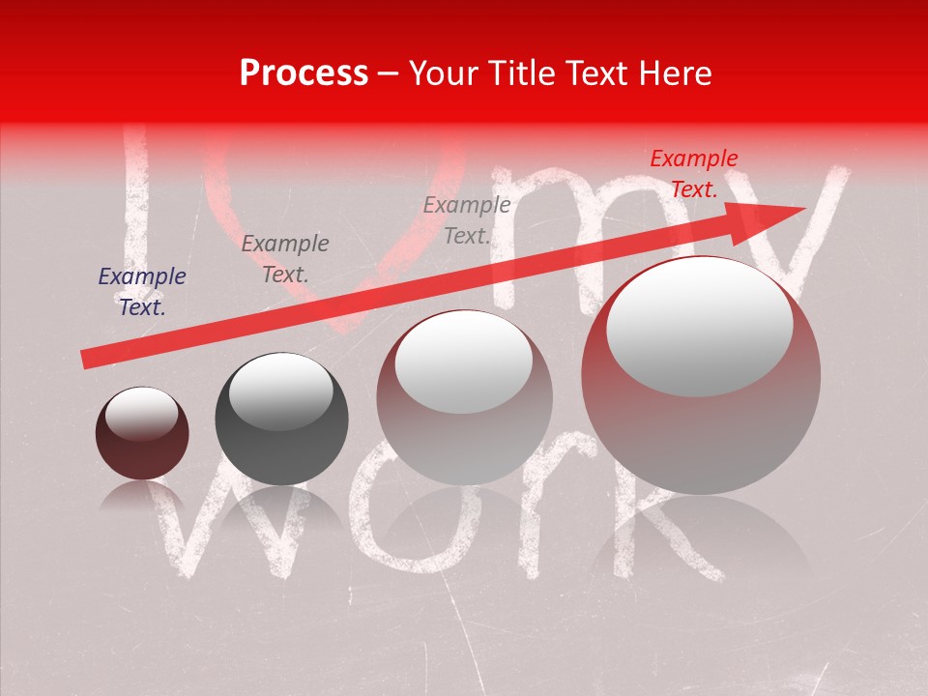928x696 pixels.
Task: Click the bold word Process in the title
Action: [x=304, y=73]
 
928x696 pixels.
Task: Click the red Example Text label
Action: [x=693, y=174]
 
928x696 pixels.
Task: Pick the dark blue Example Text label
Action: [x=142, y=292]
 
